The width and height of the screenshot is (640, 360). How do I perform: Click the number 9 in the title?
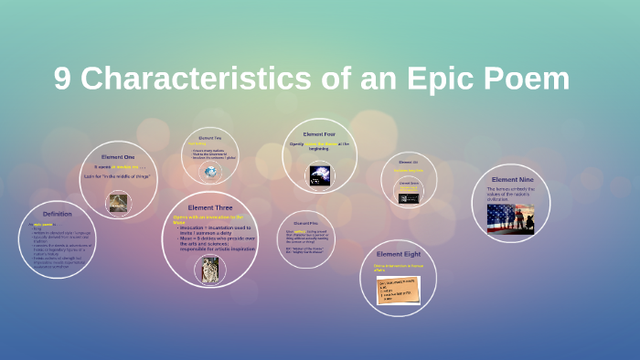click(x=62, y=79)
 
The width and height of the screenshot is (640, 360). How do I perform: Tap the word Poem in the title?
click(x=526, y=79)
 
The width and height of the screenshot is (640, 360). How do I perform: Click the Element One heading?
click(x=118, y=157)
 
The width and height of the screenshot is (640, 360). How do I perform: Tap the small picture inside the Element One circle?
click(x=118, y=202)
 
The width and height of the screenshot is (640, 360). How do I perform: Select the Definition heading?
click(x=57, y=214)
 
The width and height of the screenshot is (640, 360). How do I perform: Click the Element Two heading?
click(x=211, y=137)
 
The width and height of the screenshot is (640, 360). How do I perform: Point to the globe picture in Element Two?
click(x=211, y=171)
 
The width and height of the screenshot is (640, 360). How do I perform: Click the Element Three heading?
click(x=209, y=207)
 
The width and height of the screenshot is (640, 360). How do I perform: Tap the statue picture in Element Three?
click(x=210, y=267)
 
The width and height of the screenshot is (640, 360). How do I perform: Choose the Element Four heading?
click(x=319, y=134)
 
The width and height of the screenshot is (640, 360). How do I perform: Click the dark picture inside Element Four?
click(x=320, y=175)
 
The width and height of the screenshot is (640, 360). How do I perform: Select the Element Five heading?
click(x=305, y=223)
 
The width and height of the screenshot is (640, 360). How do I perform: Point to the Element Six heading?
click(x=409, y=162)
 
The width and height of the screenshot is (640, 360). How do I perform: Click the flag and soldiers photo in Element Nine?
click(x=511, y=217)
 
